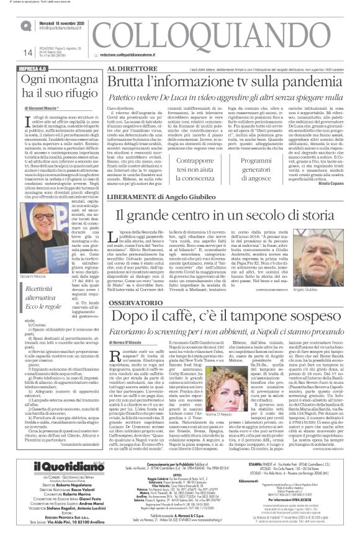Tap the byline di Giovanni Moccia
coord(46,107)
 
